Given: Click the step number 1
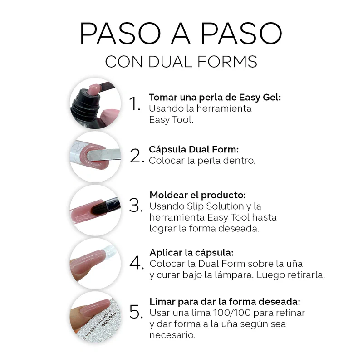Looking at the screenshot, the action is click(x=134, y=103).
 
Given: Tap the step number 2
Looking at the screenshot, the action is click(x=137, y=156).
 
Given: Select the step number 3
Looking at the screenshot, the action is click(x=136, y=205).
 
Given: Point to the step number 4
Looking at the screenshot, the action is click(x=137, y=263).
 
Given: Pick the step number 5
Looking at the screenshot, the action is click(x=136, y=312).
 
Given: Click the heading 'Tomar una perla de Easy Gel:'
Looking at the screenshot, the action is click(x=215, y=98).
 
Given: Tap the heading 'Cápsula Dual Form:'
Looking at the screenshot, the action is click(x=194, y=149).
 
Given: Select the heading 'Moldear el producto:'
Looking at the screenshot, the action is click(x=198, y=195).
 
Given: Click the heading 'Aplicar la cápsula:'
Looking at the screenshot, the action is click(x=191, y=253).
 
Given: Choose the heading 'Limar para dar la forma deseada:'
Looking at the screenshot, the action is click(x=225, y=302).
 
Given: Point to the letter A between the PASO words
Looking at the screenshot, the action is click(x=181, y=33).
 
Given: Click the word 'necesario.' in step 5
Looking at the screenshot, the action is click(x=172, y=335).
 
